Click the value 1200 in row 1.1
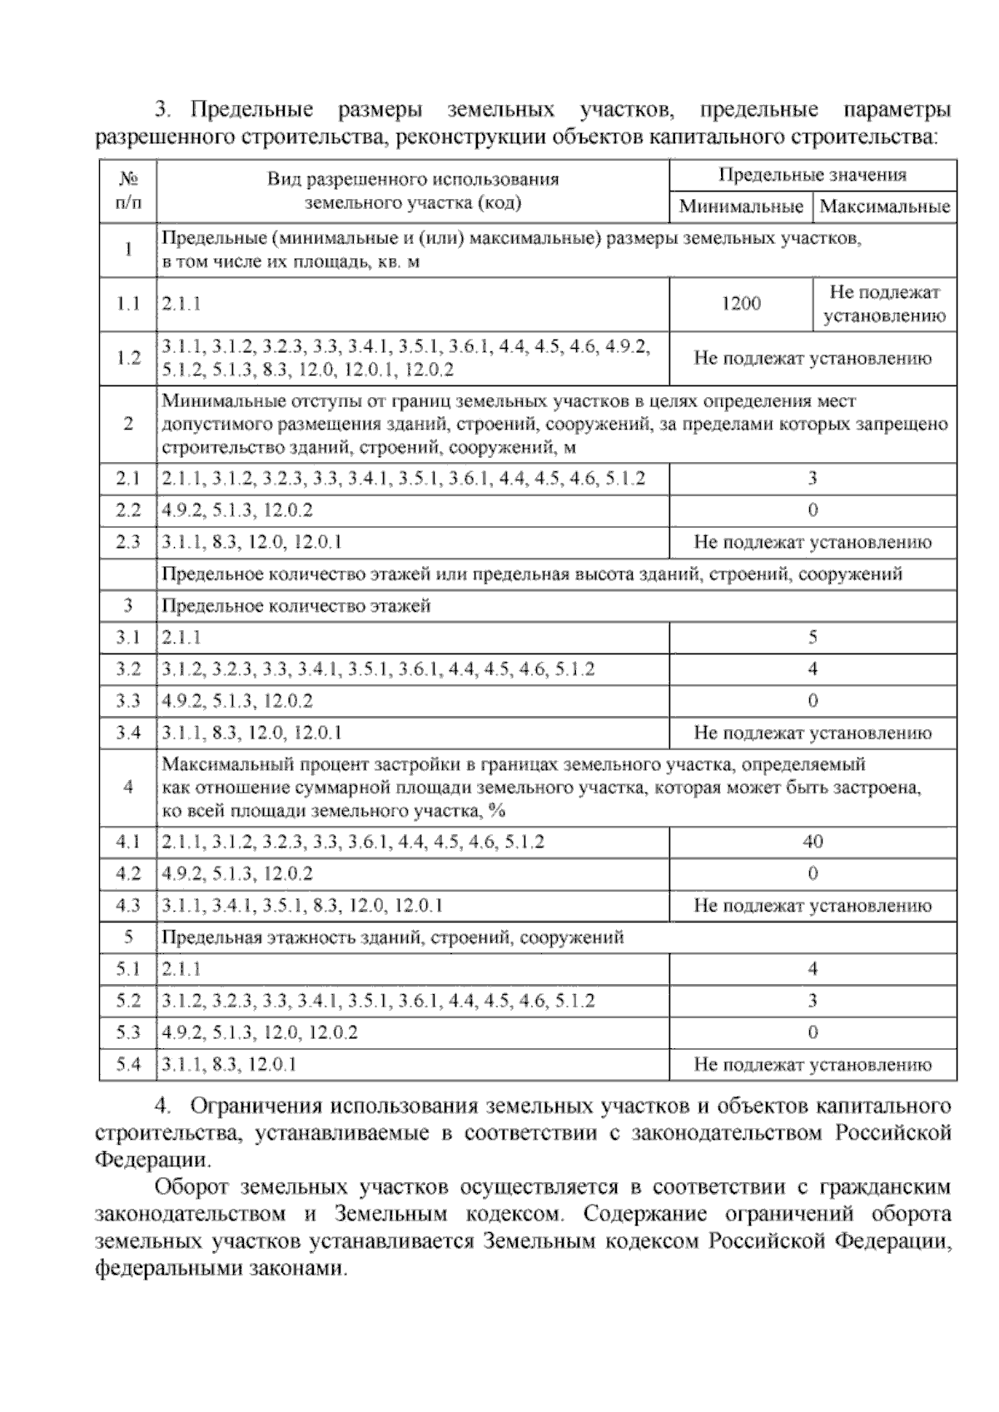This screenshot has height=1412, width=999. (740, 304)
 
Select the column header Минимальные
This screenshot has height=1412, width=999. (740, 206)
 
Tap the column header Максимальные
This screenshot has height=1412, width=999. (884, 206)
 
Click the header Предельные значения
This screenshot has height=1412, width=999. (812, 175)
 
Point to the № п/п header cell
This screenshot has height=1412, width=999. (128, 190)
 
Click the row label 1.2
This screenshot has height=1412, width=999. (128, 358)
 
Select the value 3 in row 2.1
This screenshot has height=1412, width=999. (813, 478)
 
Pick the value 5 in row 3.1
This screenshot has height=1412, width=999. (813, 638)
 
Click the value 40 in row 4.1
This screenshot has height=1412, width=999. (813, 842)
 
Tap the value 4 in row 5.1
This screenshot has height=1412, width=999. (813, 968)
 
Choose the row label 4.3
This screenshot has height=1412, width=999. (128, 905)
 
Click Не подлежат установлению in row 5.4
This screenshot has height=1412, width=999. (813, 1064)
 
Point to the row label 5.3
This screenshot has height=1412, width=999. (128, 1032)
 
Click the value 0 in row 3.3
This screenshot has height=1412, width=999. (813, 701)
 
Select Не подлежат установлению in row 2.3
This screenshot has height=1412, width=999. (813, 542)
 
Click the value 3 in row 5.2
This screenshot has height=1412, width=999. (813, 1000)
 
